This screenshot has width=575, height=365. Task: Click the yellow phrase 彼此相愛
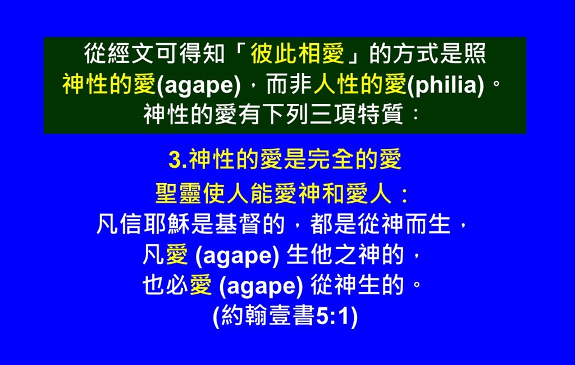[298, 53]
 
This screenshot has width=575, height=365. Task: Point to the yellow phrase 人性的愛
[360, 84]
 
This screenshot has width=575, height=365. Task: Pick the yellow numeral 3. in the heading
[178, 160]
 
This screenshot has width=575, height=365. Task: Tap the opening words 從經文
[119, 53]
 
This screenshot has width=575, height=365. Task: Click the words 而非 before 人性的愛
[289, 84]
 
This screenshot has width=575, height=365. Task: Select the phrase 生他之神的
[345, 254]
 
